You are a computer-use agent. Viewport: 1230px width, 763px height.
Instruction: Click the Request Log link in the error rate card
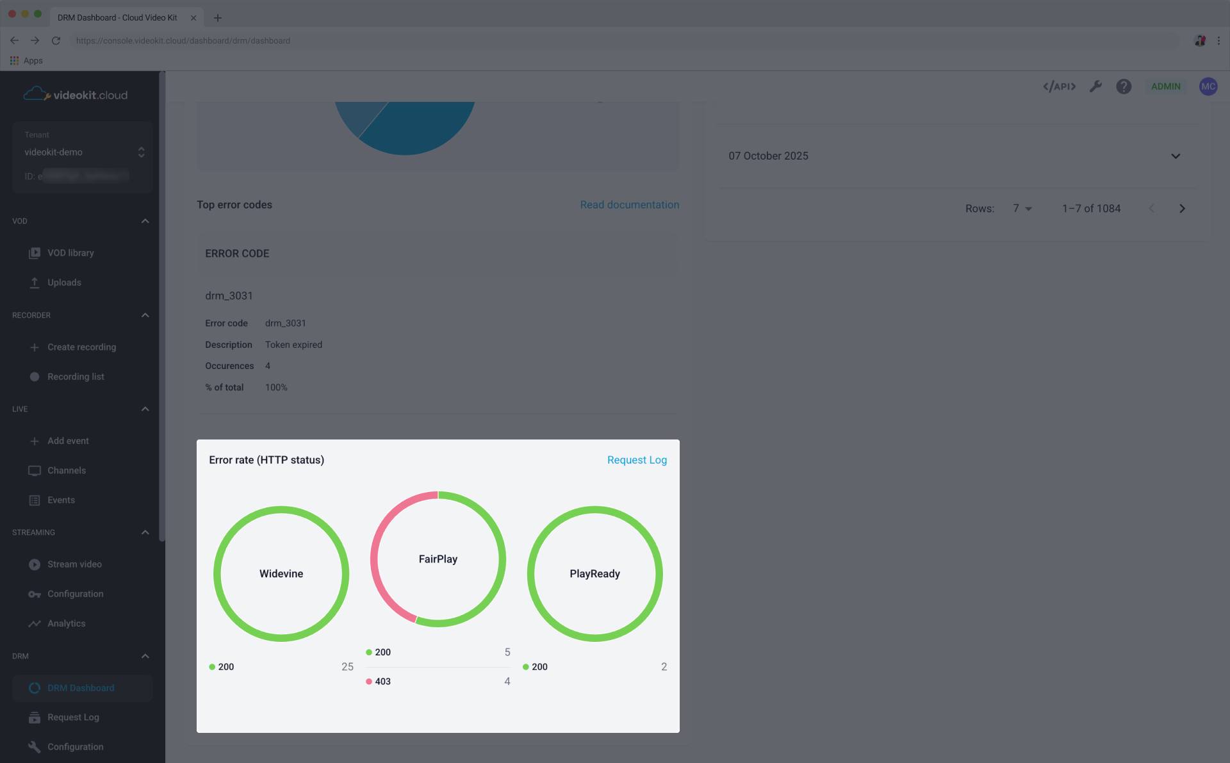tap(637, 460)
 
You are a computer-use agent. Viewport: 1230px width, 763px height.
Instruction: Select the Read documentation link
tap(629, 205)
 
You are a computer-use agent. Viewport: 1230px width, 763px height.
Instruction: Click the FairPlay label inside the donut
tap(438, 559)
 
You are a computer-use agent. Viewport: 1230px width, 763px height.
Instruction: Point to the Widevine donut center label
tap(281, 574)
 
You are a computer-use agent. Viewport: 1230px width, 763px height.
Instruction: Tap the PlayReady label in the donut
tap(594, 574)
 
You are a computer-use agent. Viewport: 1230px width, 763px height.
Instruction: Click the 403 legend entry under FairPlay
tap(382, 682)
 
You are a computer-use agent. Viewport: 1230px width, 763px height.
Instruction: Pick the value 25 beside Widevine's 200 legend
tap(347, 667)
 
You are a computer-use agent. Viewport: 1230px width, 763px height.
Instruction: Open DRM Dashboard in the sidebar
tap(81, 688)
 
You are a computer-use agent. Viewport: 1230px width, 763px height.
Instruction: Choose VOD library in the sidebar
tap(70, 253)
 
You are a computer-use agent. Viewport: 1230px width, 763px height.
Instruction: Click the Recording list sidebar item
tap(76, 377)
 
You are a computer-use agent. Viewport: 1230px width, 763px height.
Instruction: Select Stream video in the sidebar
tap(74, 564)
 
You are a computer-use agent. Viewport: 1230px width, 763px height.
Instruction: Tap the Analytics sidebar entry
tap(66, 623)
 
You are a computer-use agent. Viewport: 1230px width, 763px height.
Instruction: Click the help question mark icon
tap(1124, 86)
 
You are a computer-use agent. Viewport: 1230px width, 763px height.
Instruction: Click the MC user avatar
tap(1208, 86)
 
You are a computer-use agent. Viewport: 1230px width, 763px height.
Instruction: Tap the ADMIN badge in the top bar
tap(1165, 86)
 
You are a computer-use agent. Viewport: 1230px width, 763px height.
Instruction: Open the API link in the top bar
tap(1059, 86)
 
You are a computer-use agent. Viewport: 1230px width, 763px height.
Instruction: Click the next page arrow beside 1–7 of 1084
tap(1182, 209)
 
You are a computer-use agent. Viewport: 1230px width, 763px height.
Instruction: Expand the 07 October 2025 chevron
tap(1176, 156)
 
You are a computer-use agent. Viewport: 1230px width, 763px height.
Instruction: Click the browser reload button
tap(56, 40)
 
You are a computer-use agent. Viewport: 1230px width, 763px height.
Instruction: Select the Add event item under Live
tap(68, 441)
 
